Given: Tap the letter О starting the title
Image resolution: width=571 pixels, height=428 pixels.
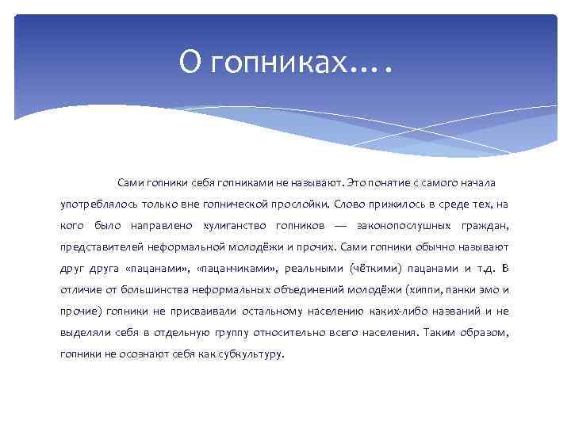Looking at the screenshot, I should [188, 60].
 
